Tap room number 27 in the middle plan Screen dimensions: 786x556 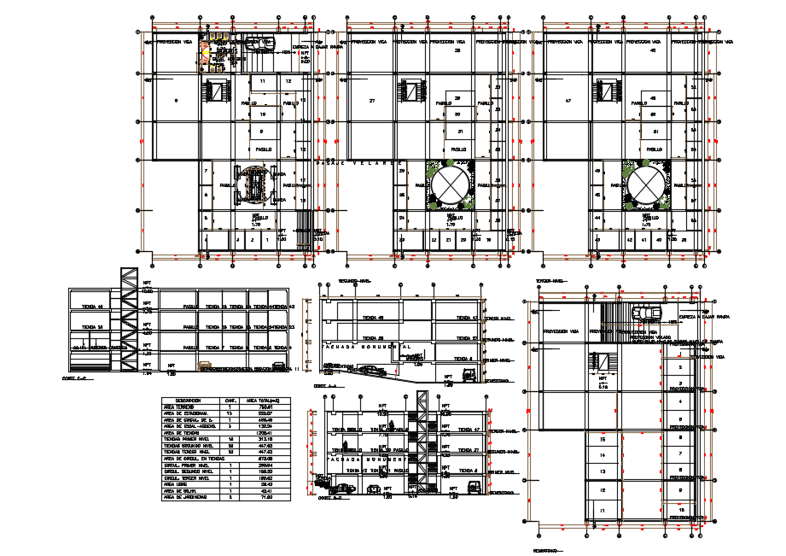pos(372,101)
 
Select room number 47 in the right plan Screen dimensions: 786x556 pos(568,101)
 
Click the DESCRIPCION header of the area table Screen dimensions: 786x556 pos(189,400)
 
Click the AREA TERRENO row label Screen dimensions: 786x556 pos(181,407)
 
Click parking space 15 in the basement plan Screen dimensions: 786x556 pos(603,439)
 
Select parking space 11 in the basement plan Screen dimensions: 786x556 pos(603,511)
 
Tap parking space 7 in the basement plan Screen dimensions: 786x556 pos(680,454)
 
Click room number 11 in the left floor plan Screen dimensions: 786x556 pos(262,81)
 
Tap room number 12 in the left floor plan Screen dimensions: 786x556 pos(288,81)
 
